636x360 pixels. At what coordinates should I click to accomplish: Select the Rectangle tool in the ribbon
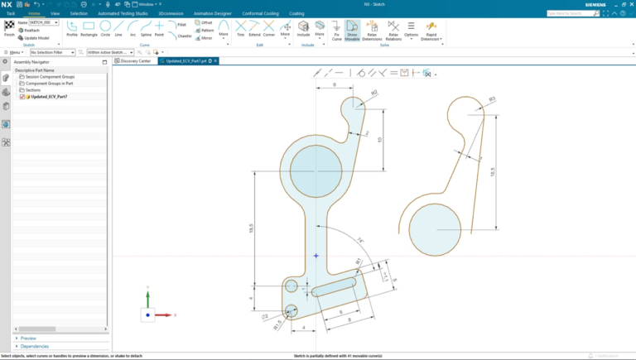tap(89, 29)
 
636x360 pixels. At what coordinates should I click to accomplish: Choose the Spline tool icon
tap(144, 29)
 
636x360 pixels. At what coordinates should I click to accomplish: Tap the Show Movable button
tap(352, 31)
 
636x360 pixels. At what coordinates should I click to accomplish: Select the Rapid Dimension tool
tap(431, 31)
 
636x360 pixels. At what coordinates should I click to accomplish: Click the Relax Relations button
tap(393, 31)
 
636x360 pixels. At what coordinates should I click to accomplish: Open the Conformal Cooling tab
tap(259, 14)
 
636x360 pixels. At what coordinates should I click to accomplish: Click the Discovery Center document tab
tap(135, 60)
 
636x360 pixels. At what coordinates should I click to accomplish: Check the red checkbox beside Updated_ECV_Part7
tap(22, 97)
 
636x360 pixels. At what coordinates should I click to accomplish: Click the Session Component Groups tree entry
tap(49, 77)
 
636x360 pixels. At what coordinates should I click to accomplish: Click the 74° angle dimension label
tap(360, 241)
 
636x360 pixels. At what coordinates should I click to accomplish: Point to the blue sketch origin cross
tap(316, 256)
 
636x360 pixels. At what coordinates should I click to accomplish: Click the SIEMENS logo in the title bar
tap(611, 4)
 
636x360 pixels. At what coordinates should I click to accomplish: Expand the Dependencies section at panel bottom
tap(34, 346)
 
